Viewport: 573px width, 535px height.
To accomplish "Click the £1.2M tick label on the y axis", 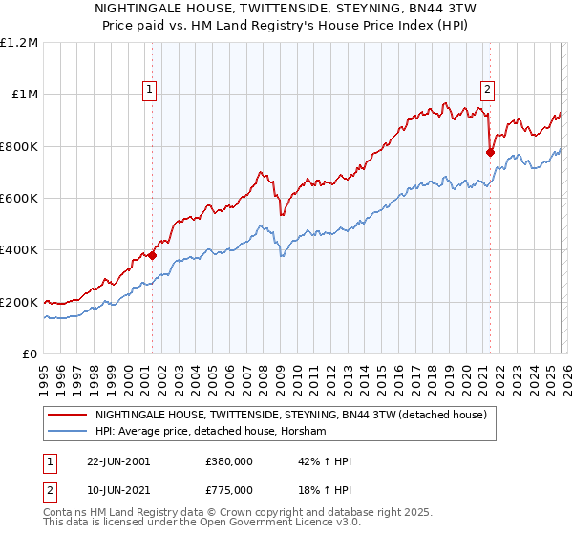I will click(x=19, y=43).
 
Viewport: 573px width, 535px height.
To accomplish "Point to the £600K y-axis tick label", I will click(x=19, y=199).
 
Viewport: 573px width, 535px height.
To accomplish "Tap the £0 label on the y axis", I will click(x=31, y=353).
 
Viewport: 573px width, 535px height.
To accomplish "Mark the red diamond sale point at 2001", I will click(x=152, y=255).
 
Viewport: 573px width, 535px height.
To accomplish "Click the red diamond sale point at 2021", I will click(x=490, y=151).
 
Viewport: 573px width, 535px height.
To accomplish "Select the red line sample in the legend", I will click(x=68, y=416).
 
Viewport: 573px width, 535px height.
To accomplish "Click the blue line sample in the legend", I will click(x=68, y=432).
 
